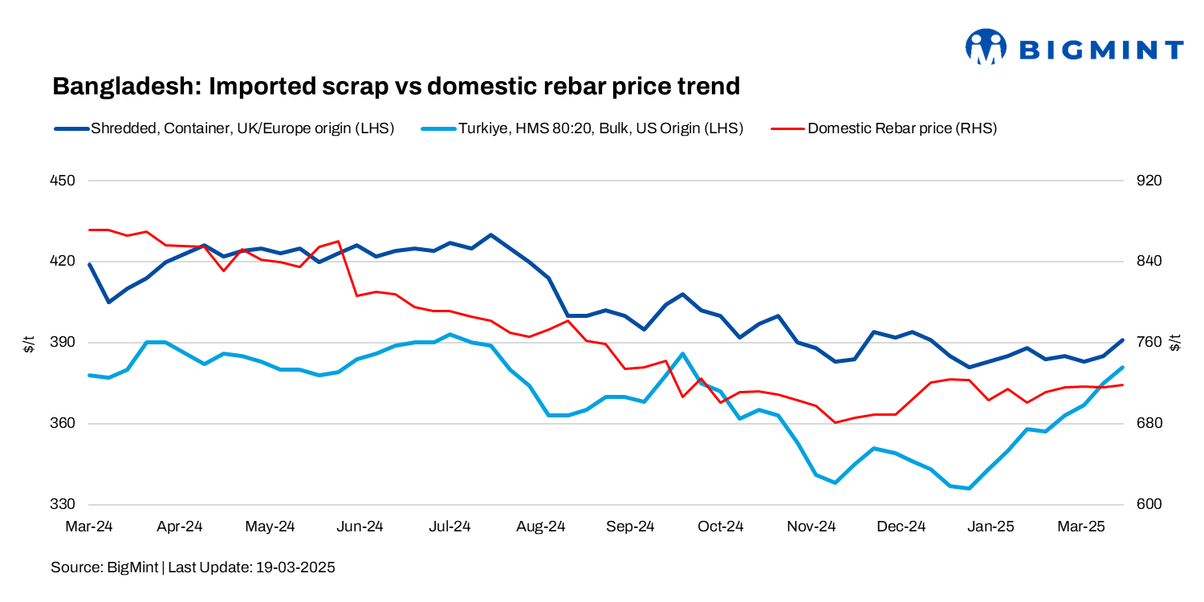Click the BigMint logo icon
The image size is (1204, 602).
[986, 47]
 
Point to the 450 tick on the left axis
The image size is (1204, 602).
[63, 181]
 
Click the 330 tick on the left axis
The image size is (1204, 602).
[63, 505]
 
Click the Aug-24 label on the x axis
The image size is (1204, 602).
[540, 527]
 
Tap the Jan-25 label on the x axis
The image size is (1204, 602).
[990, 527]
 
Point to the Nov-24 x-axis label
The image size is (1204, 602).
[811, 527]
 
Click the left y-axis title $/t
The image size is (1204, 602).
[28, 344]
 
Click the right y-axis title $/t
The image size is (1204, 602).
[1176, 344]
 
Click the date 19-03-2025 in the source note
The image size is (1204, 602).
[295, 567]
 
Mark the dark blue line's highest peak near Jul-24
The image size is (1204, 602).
[490, 235]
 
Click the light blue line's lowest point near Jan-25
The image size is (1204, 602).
[970, 488]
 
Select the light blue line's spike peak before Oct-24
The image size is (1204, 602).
[682, 353]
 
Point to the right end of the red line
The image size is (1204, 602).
[1122, 385]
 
